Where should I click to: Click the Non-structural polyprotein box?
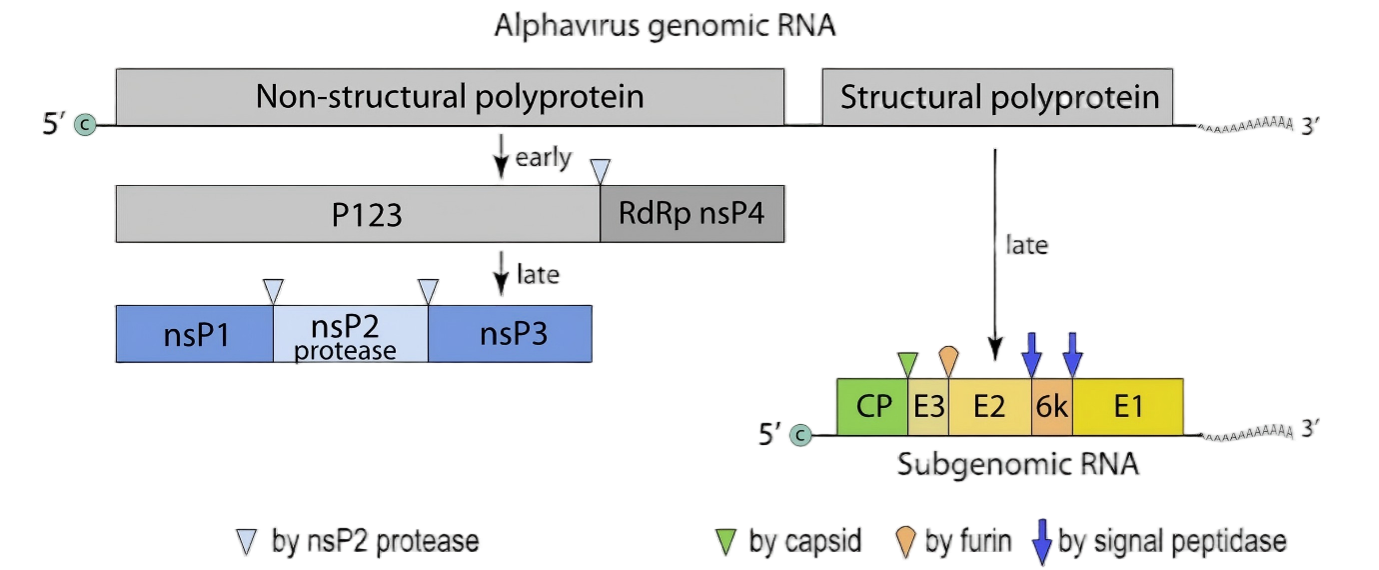[449, 97]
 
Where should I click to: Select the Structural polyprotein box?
[997, 97]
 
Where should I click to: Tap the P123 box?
[357, 214]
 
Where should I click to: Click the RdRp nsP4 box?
[691, 214]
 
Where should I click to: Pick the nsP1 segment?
[195, 334]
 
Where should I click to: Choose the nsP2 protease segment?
[351, 334]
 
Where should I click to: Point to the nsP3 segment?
[511, 334]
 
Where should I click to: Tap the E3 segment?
[928, 407]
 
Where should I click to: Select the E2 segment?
[989, 407]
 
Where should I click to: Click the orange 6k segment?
[1051, 407]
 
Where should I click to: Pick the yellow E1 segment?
[1128, 407]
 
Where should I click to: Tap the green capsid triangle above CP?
[907, 362]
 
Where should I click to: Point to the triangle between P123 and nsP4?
[600, 171]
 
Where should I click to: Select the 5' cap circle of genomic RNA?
[86, 125]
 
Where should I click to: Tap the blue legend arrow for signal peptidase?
[1040, 541]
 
